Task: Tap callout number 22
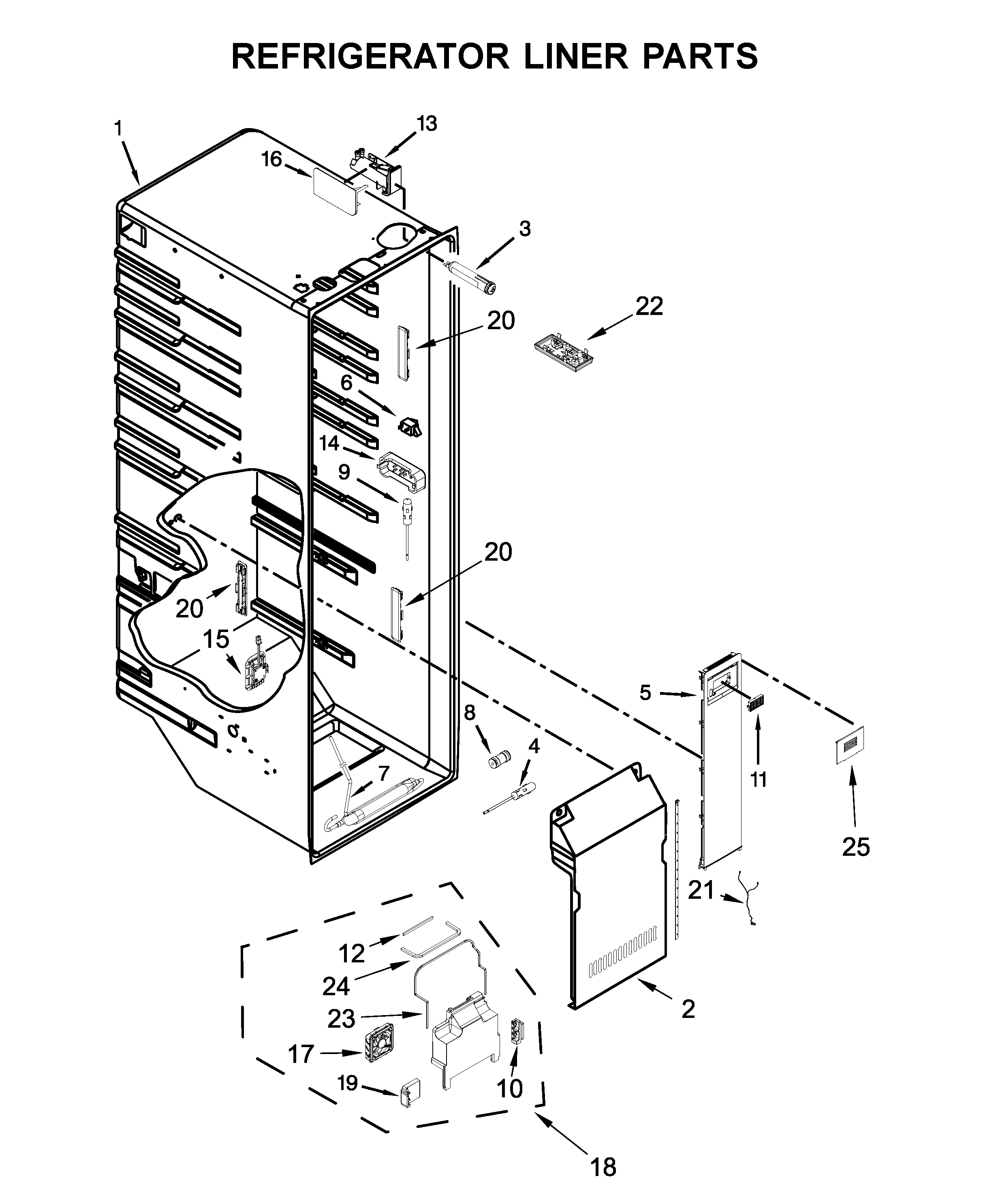[x=649, y=306]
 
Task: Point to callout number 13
[x=427, y=124]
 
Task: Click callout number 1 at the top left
[x=118, y=129]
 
